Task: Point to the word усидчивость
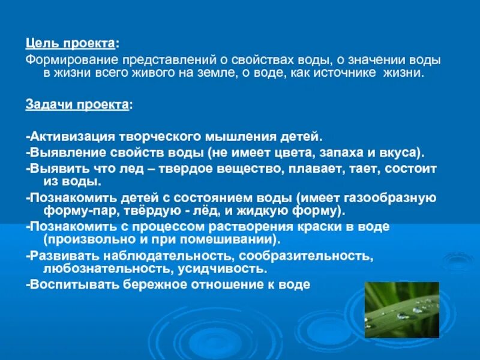pos(221,268)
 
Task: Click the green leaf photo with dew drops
pos(402,310)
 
